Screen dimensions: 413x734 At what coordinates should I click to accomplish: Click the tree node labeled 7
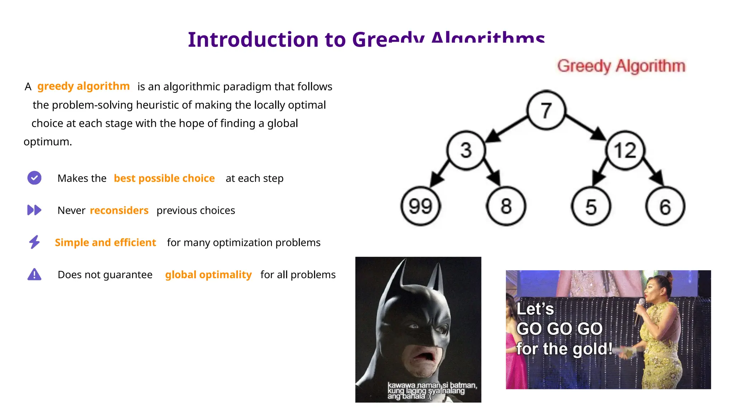pyautogui.click(x=546, y=110)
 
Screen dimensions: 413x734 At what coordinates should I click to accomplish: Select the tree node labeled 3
pyautogui.click(x=466, y=150)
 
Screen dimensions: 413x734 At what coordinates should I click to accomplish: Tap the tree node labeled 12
pyautogui.click(x=625, y=150)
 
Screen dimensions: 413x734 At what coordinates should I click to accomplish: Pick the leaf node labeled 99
pyautogui.click(x=420, y=206)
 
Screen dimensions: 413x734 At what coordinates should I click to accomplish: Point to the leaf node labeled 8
pyautogui.click(x=506, y=206)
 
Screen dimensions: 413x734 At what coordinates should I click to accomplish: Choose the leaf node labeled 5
pyautogui.click(x=591, y=207)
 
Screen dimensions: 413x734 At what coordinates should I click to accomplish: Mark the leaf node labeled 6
pyautogui.click(x=665, y=207)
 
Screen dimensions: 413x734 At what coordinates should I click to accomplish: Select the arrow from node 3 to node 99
pyautogui.click(x=439, y=174)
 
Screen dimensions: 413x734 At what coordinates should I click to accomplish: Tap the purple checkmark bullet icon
pyautogui.click(x=34, y=178)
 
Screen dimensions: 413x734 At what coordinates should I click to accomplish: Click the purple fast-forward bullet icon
pyautogui.click(x=34, y=210)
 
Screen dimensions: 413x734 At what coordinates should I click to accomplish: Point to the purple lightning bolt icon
pyautogui.click(x=34, y=242)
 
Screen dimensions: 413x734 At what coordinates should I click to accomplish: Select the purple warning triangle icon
pyautogui.click(x=34, y=274)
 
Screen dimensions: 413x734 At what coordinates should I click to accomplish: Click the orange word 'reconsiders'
pyautogui.click(x=119, y=210)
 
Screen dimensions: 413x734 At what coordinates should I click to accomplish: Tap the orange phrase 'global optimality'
pyautogui.click(x=208, y=275)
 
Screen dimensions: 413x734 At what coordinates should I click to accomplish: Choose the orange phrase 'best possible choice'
pyautogui.click(x=164, y=178)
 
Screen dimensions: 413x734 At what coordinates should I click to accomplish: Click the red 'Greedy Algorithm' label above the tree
pyautogui.click(x=621, y=66)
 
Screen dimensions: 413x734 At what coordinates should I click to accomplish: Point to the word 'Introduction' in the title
pyautogui.click(x=253, y=39)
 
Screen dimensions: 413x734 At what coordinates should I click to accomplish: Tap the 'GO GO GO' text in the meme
pyautogui.click(x=559, y=329)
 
